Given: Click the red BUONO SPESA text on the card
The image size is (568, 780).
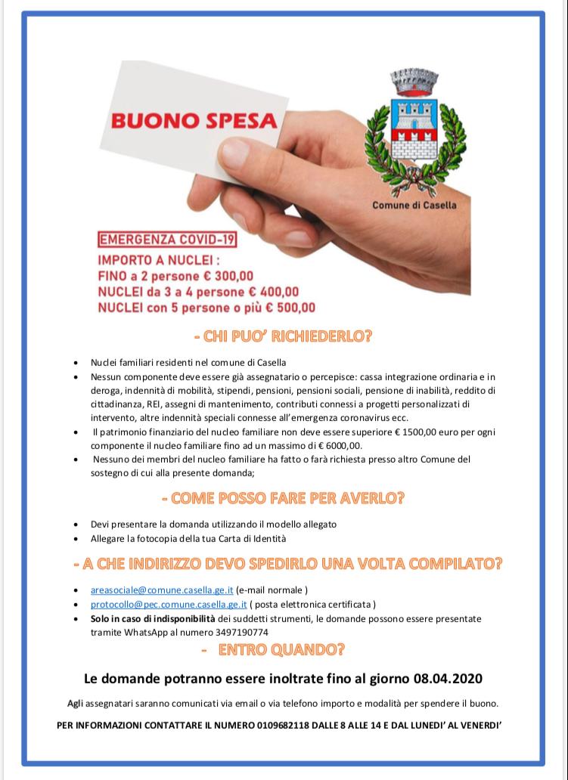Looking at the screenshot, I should click(194, 121).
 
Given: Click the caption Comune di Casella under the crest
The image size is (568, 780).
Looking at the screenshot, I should click(414, 204).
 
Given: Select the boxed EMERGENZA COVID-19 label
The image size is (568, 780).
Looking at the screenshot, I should click(168, 240).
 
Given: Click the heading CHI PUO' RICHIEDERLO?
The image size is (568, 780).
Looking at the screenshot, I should click(283, 336).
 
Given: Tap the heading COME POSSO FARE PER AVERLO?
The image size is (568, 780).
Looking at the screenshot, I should click(283, 498).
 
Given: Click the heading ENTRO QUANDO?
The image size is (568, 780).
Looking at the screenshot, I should click(281, 649).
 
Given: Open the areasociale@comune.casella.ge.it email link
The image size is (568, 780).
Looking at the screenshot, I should click(162, 590).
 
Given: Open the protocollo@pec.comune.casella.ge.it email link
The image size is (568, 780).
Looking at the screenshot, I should click(169, 605).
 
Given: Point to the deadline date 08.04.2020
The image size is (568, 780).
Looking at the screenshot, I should click(448, 677).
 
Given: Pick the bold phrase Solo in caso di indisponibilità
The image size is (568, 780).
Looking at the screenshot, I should click(142, 619).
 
